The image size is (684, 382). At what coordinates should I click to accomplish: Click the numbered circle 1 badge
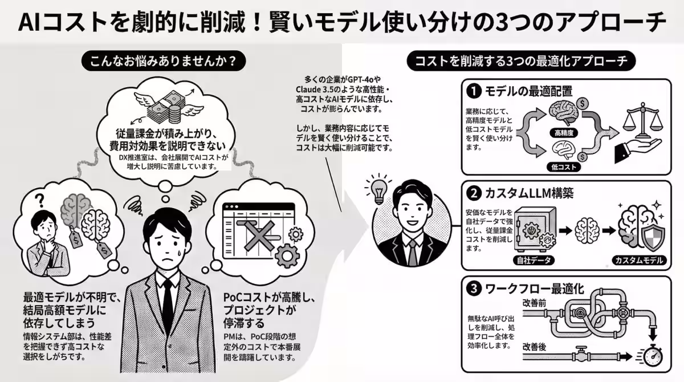(x=473, y=91)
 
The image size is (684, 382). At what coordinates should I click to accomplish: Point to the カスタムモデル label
(x=637, y=261)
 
